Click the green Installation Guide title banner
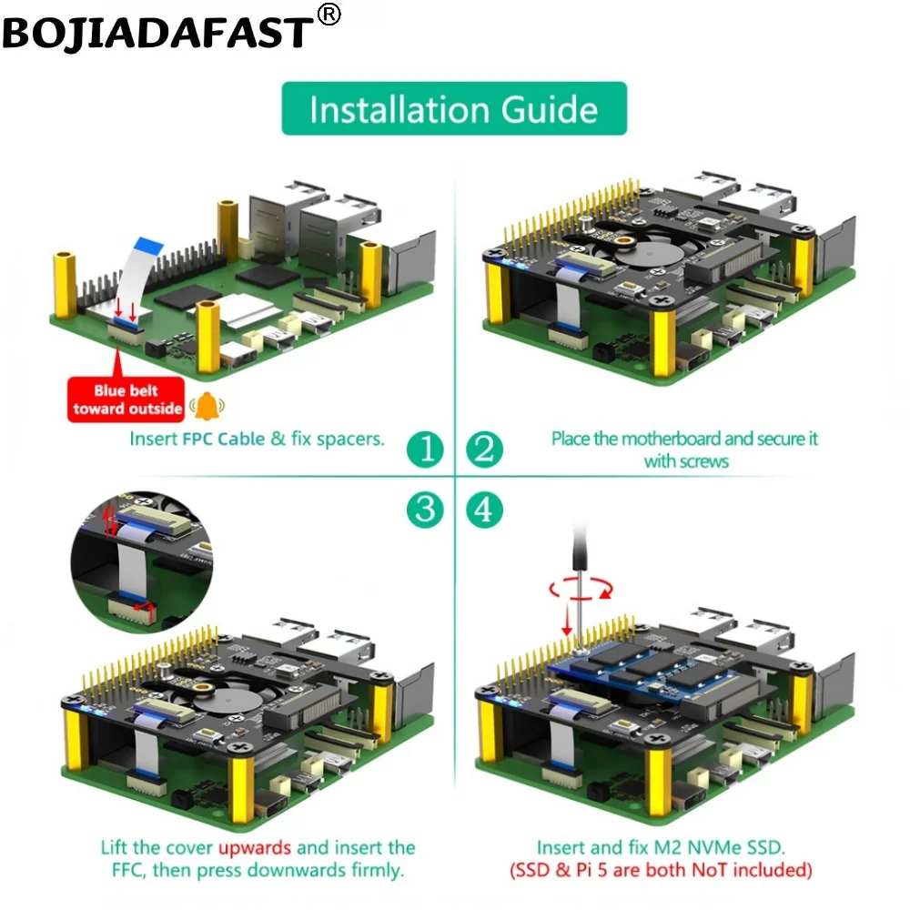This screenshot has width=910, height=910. click(454, 109)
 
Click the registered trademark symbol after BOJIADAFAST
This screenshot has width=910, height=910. click(329, 15)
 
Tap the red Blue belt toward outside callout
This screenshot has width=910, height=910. click(126, 399)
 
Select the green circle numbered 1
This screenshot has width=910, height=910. click(425, 450)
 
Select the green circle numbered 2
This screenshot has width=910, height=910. click(485, 450)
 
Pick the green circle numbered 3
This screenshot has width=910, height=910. click(425, 510)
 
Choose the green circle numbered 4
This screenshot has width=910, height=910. click(485, 510)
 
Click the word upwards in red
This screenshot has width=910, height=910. click(255, 848)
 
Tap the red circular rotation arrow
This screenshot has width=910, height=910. click(581, 590)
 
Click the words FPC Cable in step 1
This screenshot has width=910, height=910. click(224, 439)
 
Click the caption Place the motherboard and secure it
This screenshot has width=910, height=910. click(684, 439)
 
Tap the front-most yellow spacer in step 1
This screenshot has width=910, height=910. click(207, 337)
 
